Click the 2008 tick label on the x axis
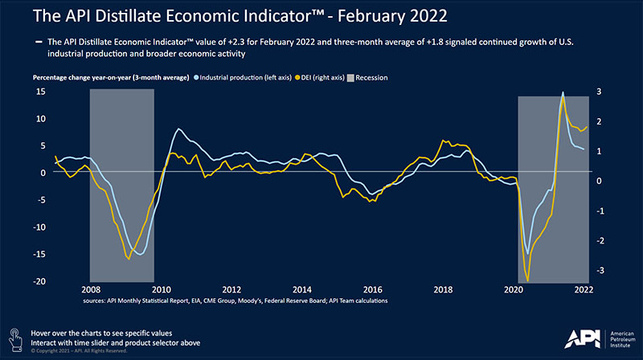[90, 289]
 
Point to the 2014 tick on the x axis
[301, 289]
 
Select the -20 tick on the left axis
[38, 281]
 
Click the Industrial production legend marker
[195, 78]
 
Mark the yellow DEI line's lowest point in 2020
[527, 280]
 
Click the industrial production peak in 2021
[562, 92]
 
